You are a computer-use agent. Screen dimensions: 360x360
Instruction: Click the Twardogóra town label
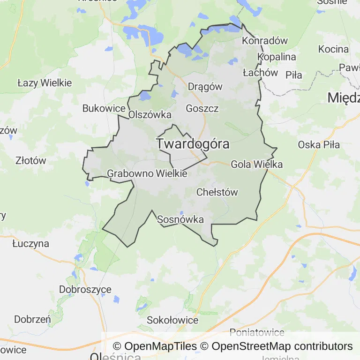193,144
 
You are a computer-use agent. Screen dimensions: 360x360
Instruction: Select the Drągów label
205,87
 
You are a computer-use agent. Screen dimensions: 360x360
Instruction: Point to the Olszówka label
150,115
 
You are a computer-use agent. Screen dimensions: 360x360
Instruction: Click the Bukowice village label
104,108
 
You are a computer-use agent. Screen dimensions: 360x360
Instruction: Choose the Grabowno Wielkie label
147,173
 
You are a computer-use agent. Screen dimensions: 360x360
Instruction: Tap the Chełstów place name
217,192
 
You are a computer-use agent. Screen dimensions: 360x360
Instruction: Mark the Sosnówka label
180,219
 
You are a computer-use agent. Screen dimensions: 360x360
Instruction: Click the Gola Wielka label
256,165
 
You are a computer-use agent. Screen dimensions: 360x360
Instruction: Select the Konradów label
264,41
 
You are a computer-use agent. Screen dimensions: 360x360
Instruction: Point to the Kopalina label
277,57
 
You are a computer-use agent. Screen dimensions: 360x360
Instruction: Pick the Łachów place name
261,73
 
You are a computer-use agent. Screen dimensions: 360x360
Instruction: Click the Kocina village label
333,49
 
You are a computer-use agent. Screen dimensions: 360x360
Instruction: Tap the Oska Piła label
319,144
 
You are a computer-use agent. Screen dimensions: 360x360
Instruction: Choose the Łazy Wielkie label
45,83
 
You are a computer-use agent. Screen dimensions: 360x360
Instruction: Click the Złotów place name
31,160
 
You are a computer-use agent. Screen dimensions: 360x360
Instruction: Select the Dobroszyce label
85,289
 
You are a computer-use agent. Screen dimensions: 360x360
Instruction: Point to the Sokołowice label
172,321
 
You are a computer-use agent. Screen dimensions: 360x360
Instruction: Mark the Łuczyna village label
30,244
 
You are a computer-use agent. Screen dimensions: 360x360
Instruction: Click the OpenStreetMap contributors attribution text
282,346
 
